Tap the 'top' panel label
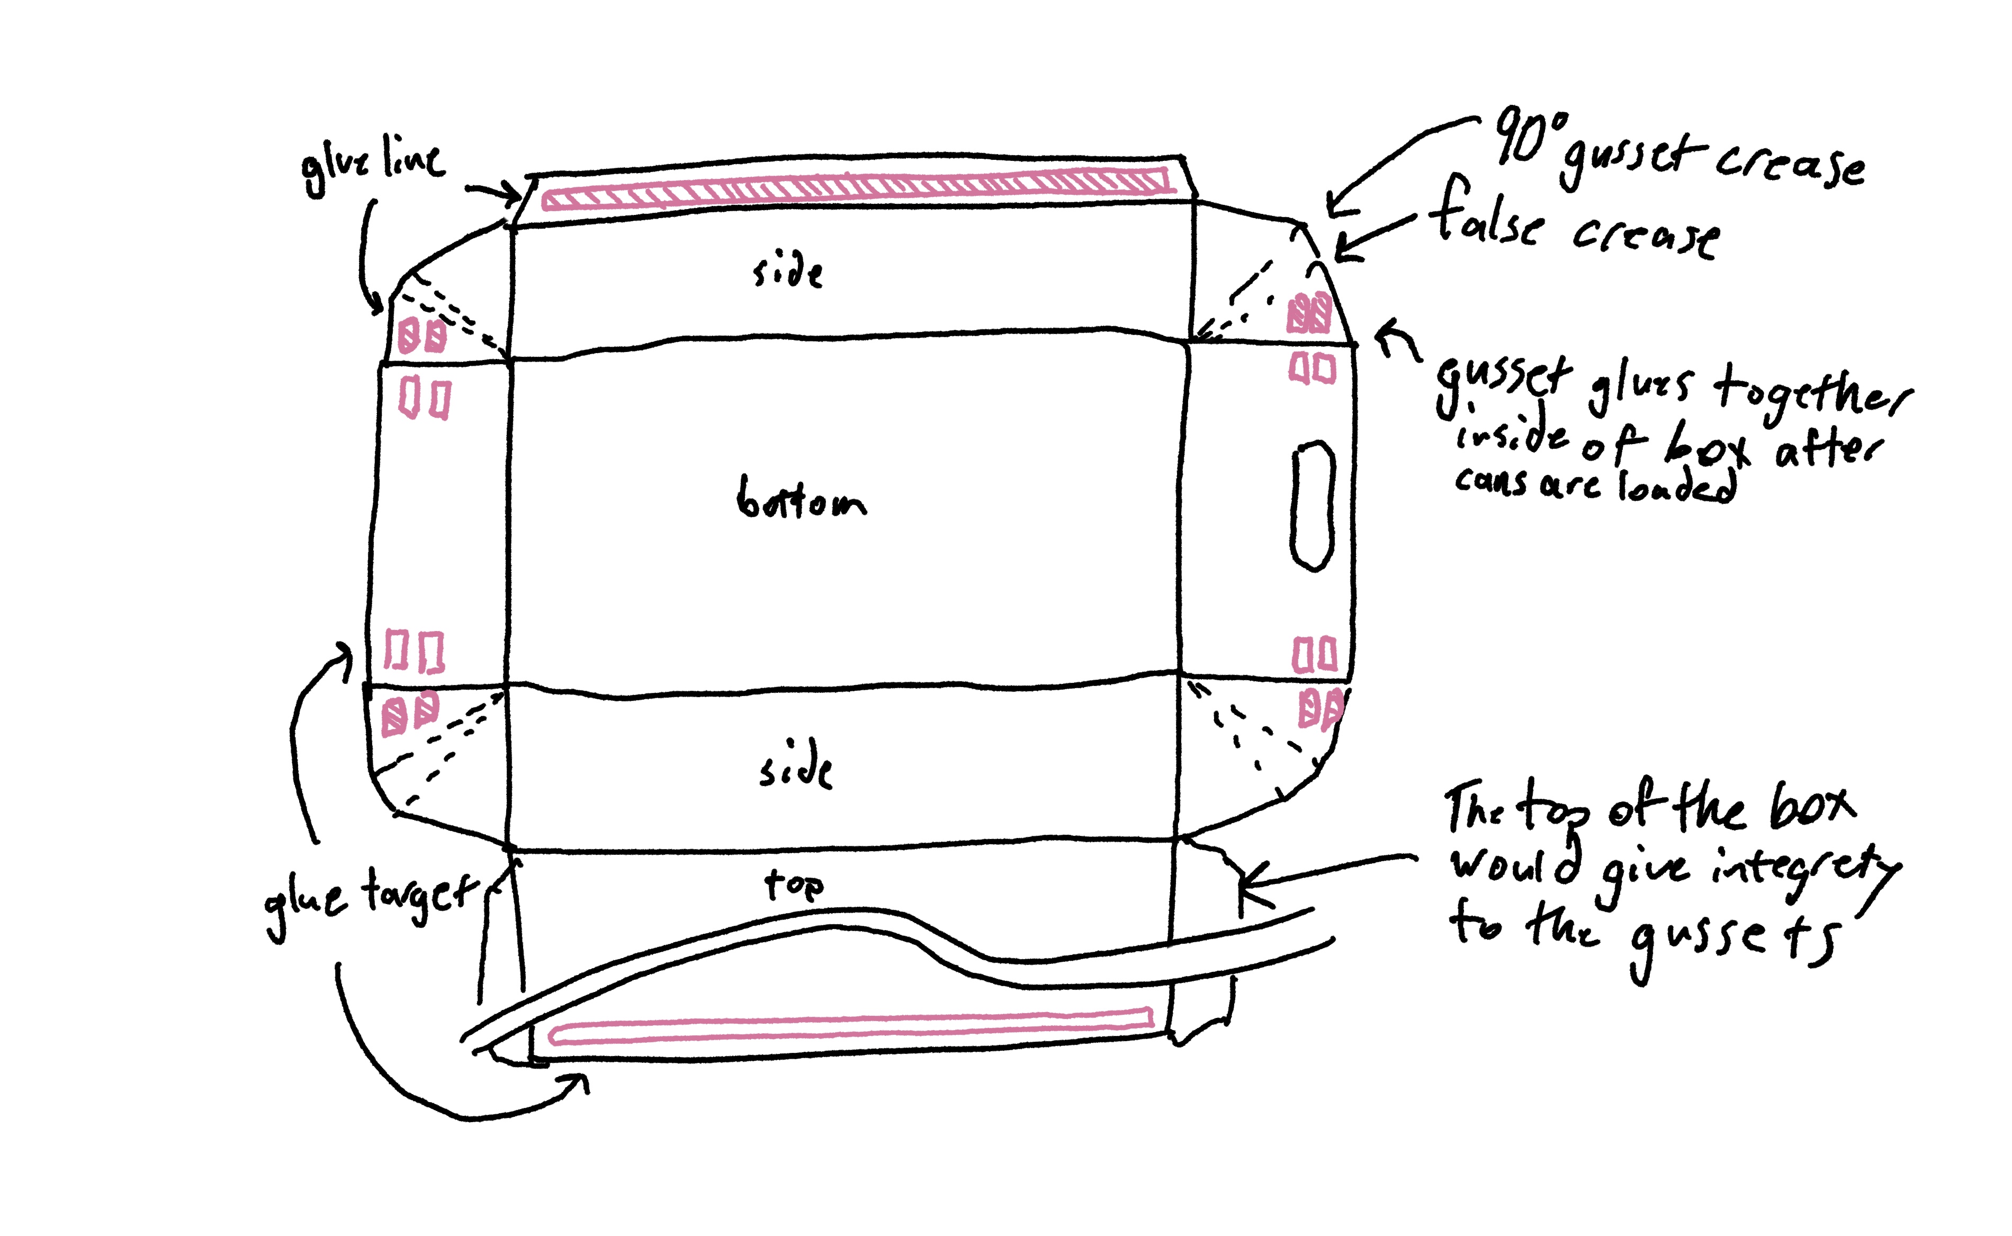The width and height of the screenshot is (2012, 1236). coord(793,885)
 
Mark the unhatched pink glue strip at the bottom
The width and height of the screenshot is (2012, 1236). coord(850,1027)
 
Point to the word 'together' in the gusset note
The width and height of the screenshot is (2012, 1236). coord(1811,391)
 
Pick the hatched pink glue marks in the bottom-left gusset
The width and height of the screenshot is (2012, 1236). coord(410,713)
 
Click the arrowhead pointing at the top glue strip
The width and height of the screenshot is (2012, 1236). coord(515,195)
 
